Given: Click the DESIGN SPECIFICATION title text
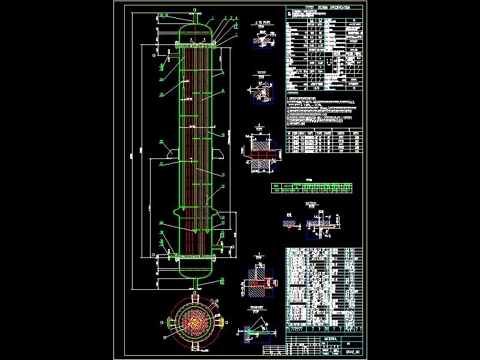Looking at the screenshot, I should (x=326, y=8).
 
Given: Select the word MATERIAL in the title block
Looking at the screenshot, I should (x=331, y=339).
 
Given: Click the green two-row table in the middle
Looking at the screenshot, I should (x=313, y=188).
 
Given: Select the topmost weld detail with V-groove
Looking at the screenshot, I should (x=260, y=38).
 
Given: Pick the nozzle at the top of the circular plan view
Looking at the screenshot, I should (x=196, y=296).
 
